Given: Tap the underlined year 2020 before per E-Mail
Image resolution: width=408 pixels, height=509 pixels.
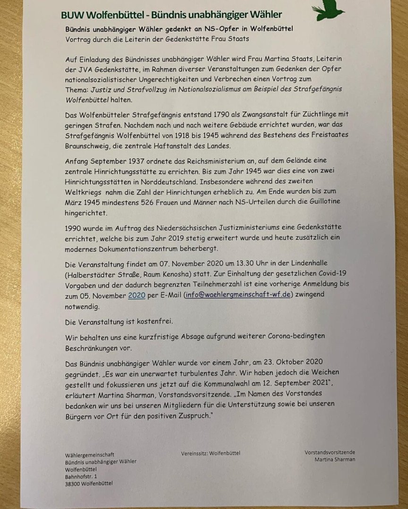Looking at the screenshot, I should tap(136, 296).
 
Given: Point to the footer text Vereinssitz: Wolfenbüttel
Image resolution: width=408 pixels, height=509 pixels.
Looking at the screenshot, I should tap(210, 453).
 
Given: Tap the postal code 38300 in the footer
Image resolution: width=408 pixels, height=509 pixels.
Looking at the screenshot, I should tap(73, 484).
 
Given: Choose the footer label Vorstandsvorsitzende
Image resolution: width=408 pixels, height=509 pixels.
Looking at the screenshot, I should tap(330, 452).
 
